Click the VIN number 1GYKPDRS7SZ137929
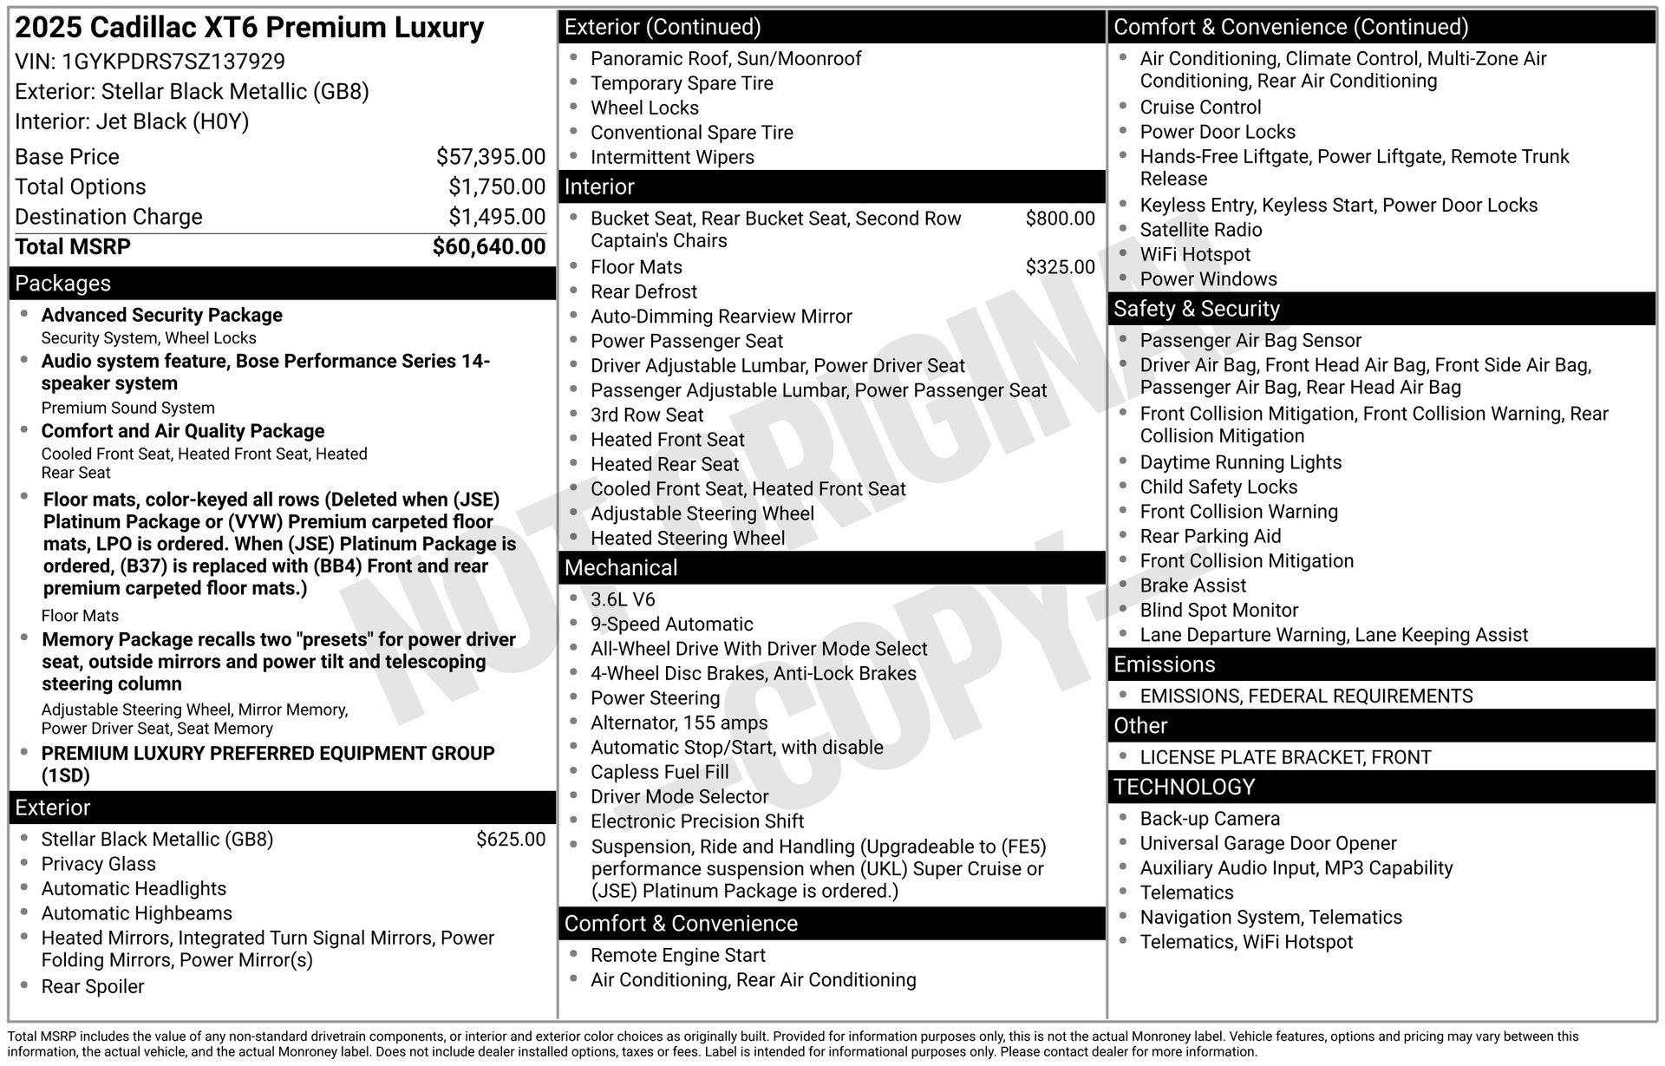pos(173,62)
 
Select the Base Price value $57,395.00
pos(490,157)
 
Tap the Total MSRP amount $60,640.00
pos(489,247)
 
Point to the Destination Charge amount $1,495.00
pos(496,217)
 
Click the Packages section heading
pos(63,284)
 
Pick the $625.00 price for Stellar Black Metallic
pos(511,840)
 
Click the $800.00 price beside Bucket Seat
pos(1060,219)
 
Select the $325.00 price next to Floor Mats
pos(1060,267)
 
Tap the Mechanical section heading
pos(621,568)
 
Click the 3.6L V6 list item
pos(623,600)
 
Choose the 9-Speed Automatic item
pos(672,625)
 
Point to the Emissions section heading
pos(1164,665)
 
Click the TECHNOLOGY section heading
pos(1184,788)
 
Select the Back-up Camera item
pos(1210,820)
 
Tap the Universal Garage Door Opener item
pos(1268,844)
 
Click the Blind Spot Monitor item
pos(1219,611)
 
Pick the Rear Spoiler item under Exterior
pos(93,987)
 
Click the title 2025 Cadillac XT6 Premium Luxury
pos(250,28)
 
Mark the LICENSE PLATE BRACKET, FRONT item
pos(1285,758)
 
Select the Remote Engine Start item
pos(678,956)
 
